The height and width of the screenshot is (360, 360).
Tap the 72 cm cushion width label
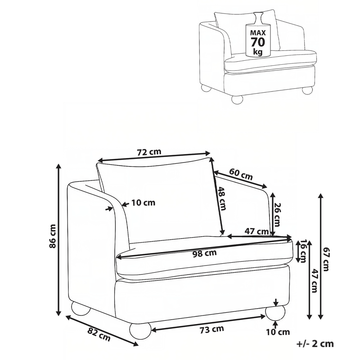coord(149,152)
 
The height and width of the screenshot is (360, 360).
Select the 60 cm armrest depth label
coord(241,174)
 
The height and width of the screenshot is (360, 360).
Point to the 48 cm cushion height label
coord(221,198)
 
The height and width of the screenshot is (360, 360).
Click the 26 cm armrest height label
coord(277,214)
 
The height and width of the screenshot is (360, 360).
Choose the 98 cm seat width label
coord(204,253)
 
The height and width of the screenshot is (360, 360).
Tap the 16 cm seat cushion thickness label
coord(303,251)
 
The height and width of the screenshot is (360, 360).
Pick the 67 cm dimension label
coord(326,259)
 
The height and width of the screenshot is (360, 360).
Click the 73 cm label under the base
coord(211,329)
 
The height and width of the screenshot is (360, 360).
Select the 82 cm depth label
coord(99,334)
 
